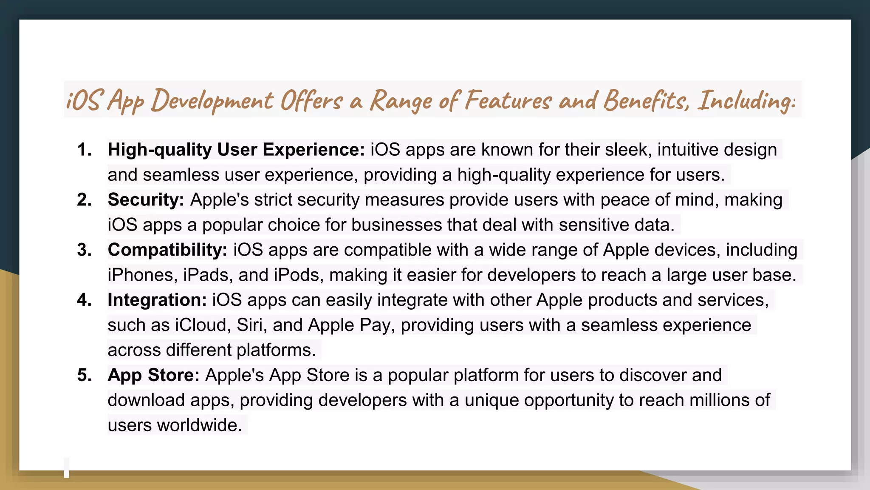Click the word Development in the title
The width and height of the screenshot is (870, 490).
212,101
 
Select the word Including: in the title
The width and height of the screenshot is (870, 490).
746,101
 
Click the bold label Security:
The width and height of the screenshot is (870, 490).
146,200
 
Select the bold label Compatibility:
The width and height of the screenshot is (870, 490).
167,250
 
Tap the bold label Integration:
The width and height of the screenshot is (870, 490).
157,300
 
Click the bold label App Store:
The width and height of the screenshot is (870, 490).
153,375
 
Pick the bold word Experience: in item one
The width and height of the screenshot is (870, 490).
314,150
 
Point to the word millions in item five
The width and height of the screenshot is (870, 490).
719,400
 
